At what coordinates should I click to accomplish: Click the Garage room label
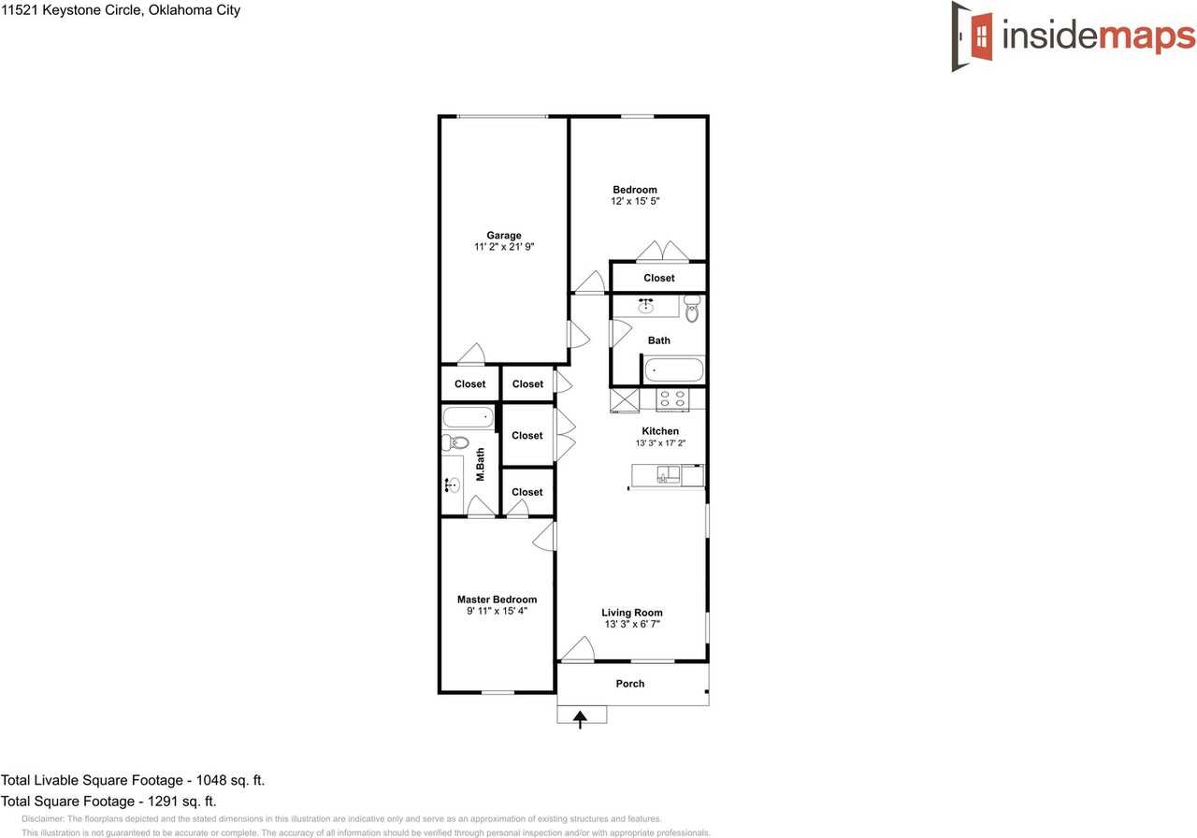(503, 236)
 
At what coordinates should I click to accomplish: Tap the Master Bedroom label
(497, 600)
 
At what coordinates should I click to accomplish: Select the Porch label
(630, 684)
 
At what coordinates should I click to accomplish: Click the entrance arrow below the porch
(581, 719)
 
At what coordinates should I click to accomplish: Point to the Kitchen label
(660, 431)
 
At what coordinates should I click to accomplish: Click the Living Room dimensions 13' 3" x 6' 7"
(632, 624)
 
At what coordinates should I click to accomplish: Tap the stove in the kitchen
(671, 399)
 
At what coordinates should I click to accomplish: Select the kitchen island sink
(667, 475)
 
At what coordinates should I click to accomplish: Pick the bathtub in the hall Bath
(673, 370)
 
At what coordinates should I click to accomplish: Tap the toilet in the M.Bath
(455, 442)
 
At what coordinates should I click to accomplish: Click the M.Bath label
(480, 465)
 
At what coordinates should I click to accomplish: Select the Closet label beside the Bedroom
(658, 278)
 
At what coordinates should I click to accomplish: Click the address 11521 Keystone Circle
(121, 10)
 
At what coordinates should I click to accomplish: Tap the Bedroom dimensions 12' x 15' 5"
(635, 201)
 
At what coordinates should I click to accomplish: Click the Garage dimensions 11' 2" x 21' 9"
(503, 247)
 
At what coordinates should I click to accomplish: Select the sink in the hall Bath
(645, 306)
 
